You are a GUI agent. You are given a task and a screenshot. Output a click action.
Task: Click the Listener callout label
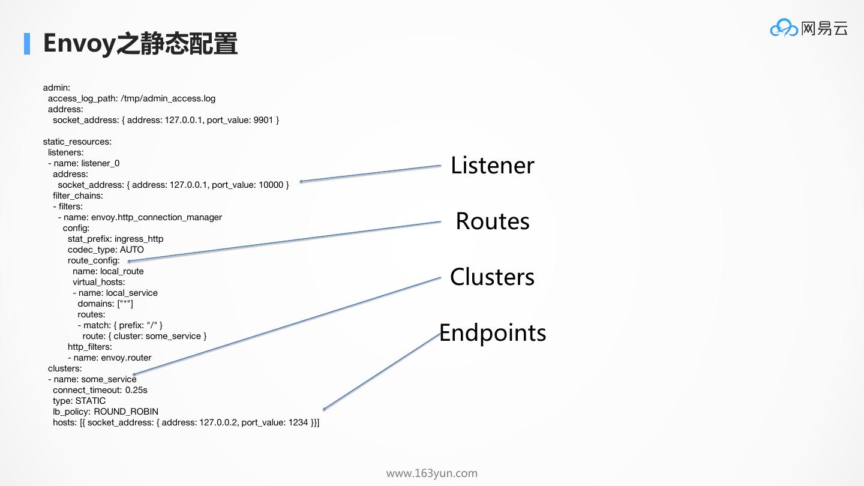(492, 166)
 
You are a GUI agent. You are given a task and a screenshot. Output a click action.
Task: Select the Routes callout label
(492, 221)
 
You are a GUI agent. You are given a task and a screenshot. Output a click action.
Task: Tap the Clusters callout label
(492, 277)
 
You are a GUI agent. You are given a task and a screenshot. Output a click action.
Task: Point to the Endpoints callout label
(493, 333)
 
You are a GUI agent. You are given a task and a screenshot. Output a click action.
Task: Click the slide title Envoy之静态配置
(140, 44)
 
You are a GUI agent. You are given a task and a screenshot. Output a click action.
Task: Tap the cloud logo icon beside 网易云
(784, 28)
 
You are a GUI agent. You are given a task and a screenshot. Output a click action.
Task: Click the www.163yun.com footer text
(431, 473)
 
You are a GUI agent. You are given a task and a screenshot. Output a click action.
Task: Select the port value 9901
(263, 120)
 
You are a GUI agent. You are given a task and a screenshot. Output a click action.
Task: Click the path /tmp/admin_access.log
(168, 98)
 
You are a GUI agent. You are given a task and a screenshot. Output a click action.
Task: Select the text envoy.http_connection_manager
(157, 217)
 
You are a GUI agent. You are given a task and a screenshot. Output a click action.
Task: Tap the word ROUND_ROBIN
(126, 412)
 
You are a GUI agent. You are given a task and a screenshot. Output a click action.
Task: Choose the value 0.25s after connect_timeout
(136, 390)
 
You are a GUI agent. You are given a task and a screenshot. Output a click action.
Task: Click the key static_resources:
(77, 142)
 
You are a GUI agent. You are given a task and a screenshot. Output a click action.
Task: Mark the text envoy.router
(126, 358)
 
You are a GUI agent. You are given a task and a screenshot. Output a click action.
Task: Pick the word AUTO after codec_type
(132, 250)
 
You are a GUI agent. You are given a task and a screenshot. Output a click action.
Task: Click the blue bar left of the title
(27, 44)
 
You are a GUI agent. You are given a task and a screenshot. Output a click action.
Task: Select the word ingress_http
(139, 239)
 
